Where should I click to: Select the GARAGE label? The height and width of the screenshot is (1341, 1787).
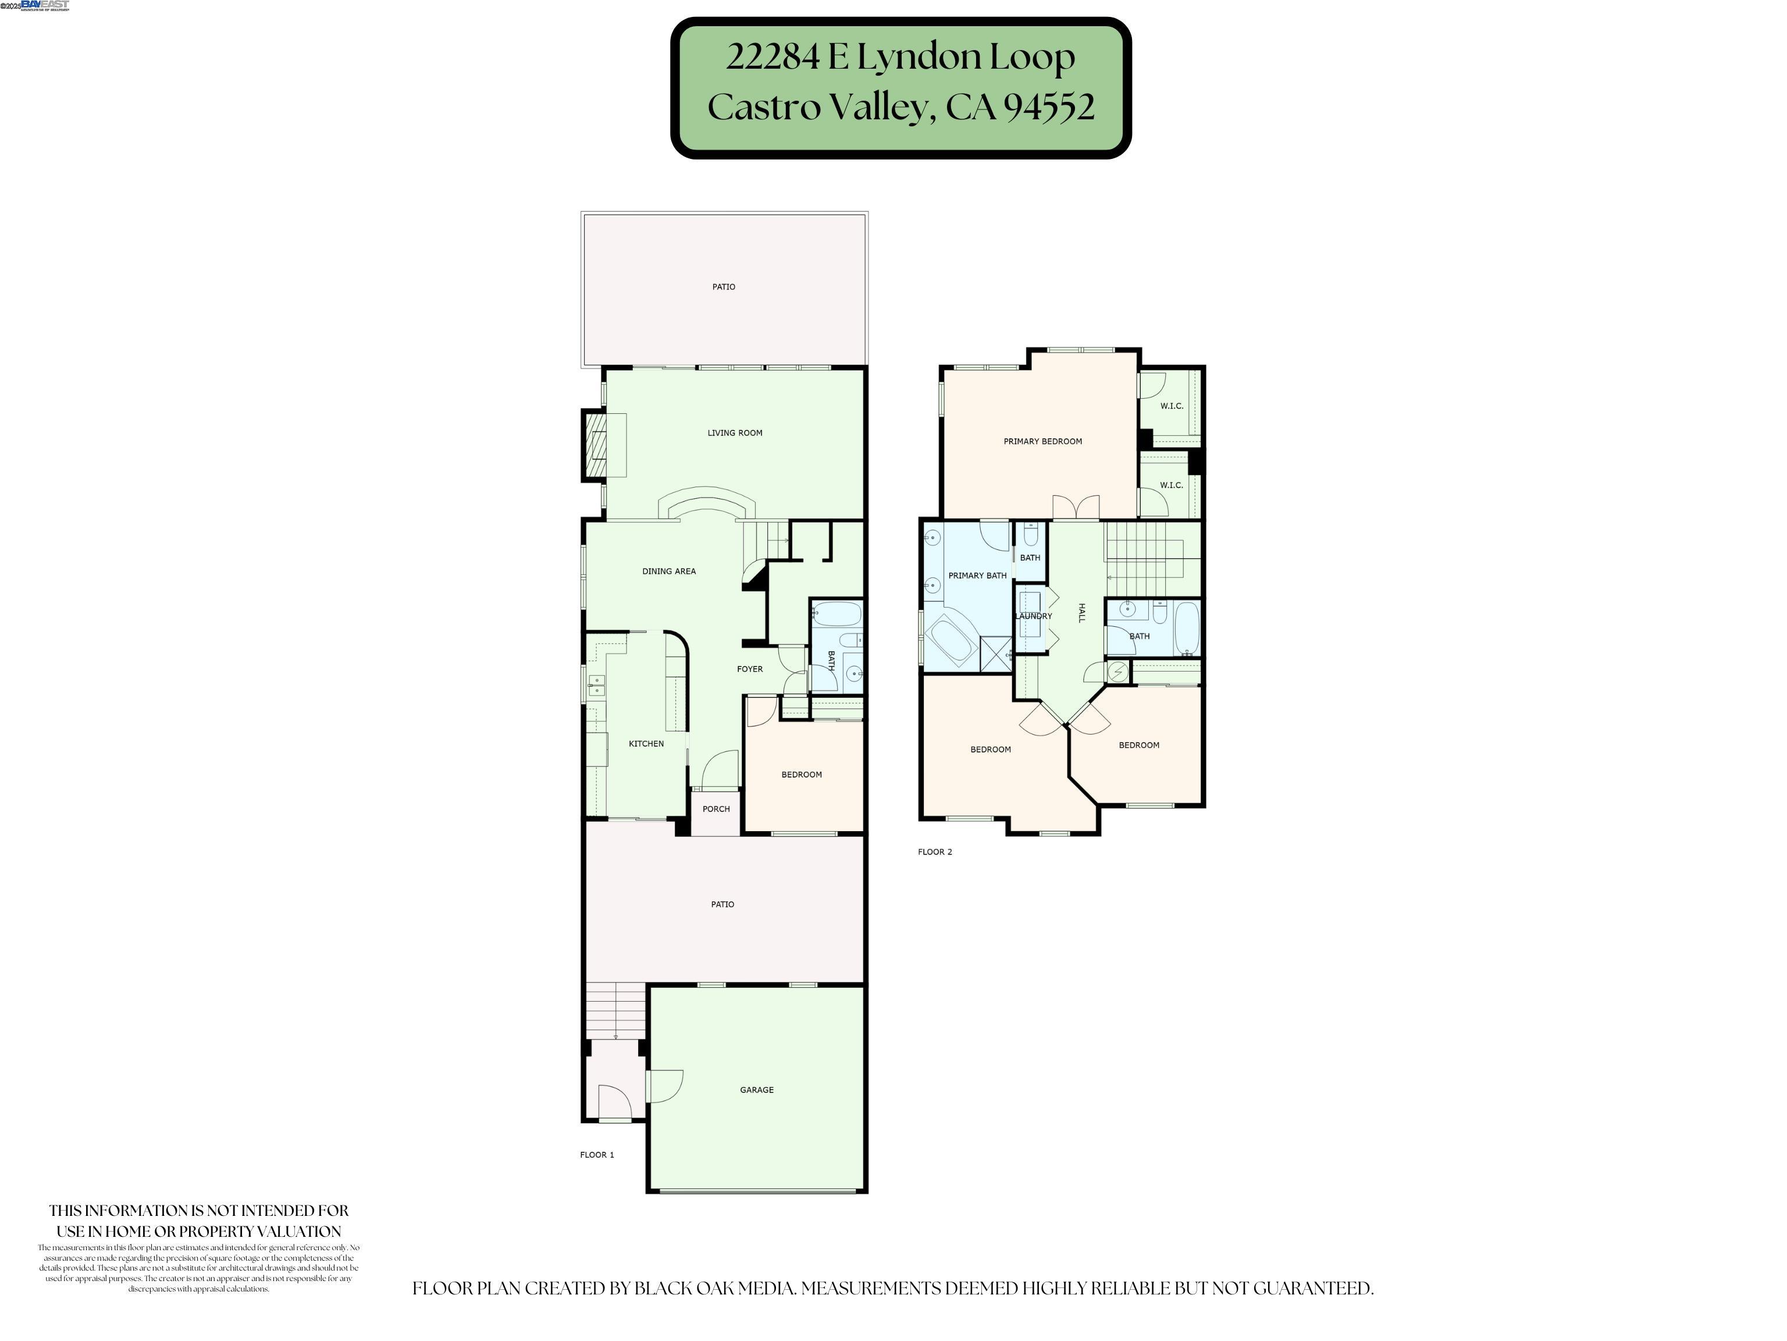click(x=756, y=1090)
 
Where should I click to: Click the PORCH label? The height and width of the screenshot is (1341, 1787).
click(x=715, y=809)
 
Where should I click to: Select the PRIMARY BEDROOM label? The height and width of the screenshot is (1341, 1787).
click(x=1042, y=441)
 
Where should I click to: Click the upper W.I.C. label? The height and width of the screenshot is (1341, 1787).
click(x=1172, y=406)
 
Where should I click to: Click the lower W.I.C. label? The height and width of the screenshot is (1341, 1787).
click(x=1172, y=485)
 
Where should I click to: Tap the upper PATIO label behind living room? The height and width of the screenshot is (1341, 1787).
click(x=723, y=287)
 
